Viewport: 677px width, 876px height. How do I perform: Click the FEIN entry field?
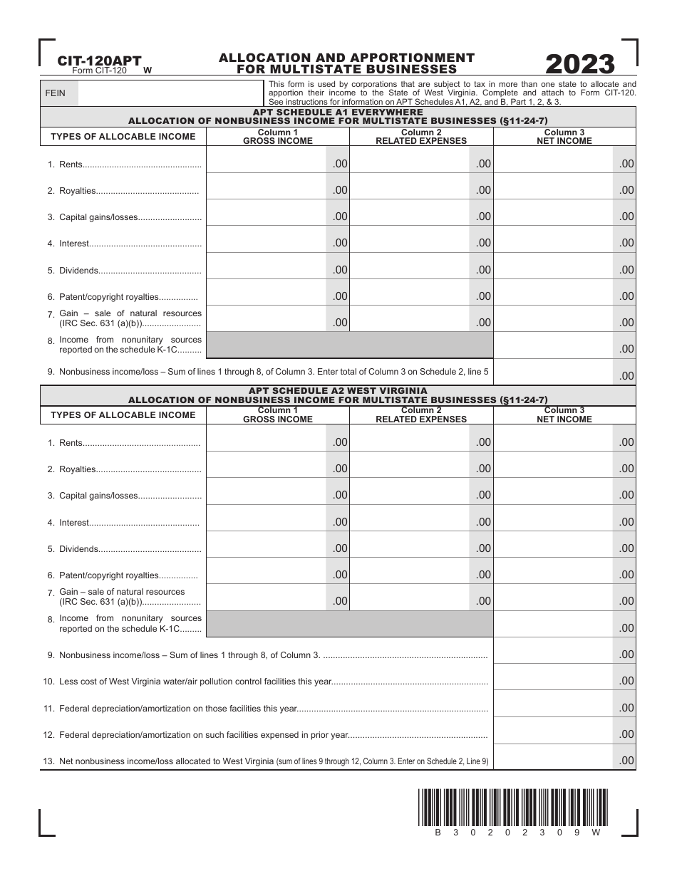point(170,93)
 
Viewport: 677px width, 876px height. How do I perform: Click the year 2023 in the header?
point(580,65)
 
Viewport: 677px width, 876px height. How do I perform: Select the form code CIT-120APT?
point(99,61)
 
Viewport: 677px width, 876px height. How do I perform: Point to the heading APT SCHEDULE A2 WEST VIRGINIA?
point(338,391)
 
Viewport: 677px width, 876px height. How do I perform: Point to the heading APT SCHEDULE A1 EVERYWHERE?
point(338,113)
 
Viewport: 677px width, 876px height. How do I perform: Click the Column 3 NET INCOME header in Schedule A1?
point(564,137)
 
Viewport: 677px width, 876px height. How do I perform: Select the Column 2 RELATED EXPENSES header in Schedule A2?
point(421,415)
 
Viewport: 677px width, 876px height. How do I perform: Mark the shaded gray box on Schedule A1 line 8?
point(349,345)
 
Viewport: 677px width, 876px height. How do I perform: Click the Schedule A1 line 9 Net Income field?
point(564,372)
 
